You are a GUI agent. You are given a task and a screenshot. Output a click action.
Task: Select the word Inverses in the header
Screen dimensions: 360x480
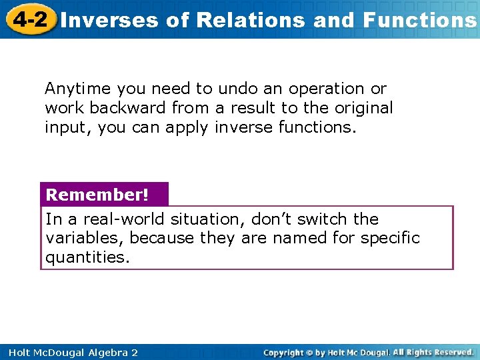[x=110, y=20]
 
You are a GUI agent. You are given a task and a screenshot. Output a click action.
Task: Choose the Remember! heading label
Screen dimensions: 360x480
[x=97, y=195]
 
